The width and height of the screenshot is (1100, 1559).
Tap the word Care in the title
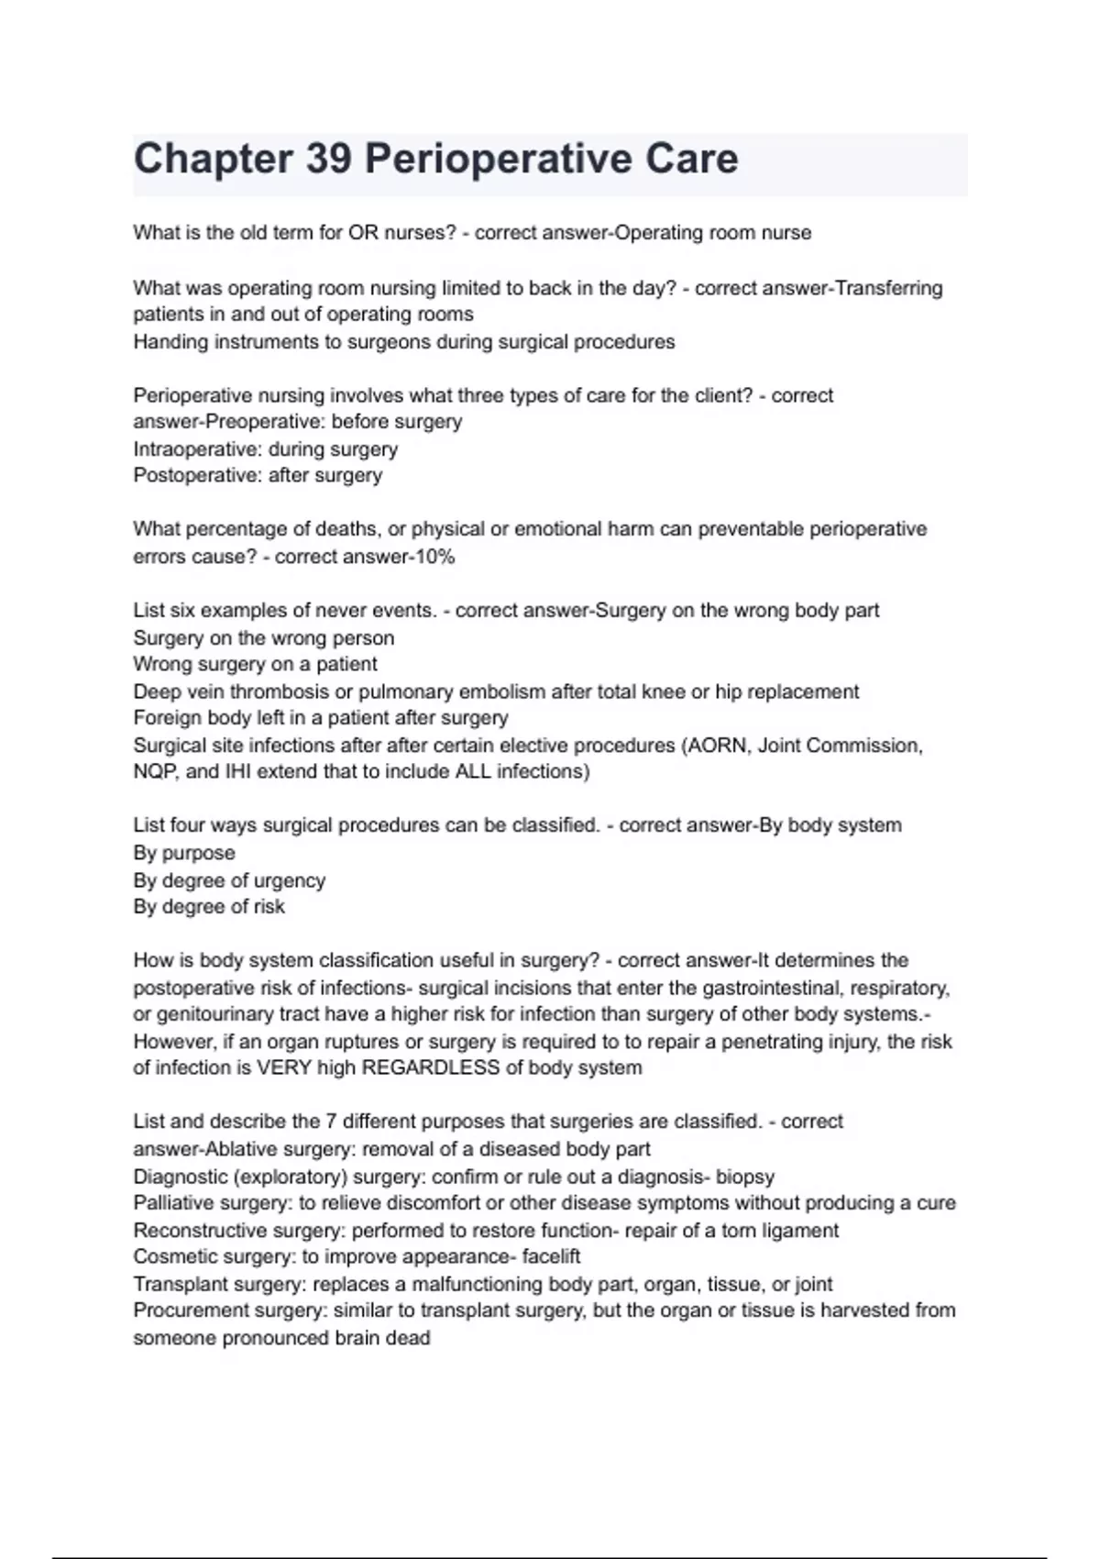coord(691,159)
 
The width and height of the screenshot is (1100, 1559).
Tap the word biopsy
coord(744,1177)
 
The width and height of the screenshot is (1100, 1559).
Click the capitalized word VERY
coord(283,1067)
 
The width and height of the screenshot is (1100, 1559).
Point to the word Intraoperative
coord(196,449)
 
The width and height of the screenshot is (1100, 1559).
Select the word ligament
coord(799,1230)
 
